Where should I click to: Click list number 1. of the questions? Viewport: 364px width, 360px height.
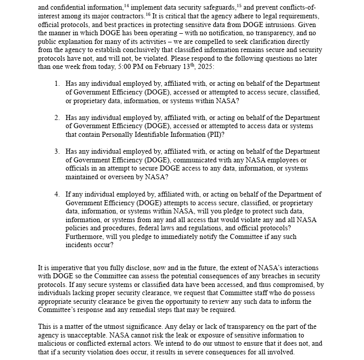tap(57, 84)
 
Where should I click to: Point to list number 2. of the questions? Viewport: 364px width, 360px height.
tap(57, 117)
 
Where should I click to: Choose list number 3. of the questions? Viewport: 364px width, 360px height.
tap(57, 152)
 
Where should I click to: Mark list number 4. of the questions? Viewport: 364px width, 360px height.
tap(57, 194)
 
